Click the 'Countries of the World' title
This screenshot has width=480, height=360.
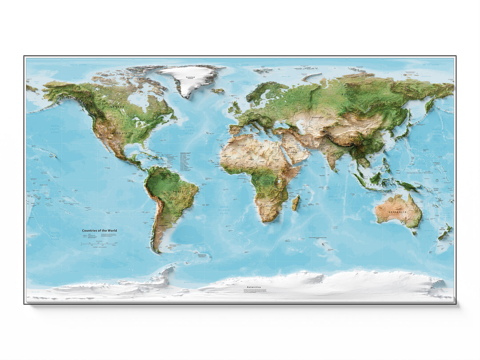pyautogui.click(x=100, y=231)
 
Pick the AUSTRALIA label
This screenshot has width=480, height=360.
pyautogui.click(x=398, y=212)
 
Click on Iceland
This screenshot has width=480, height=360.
pyautogui.click(x=218, y=90)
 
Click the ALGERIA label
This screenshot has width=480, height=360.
pyautogui.click(x=242, y=145)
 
